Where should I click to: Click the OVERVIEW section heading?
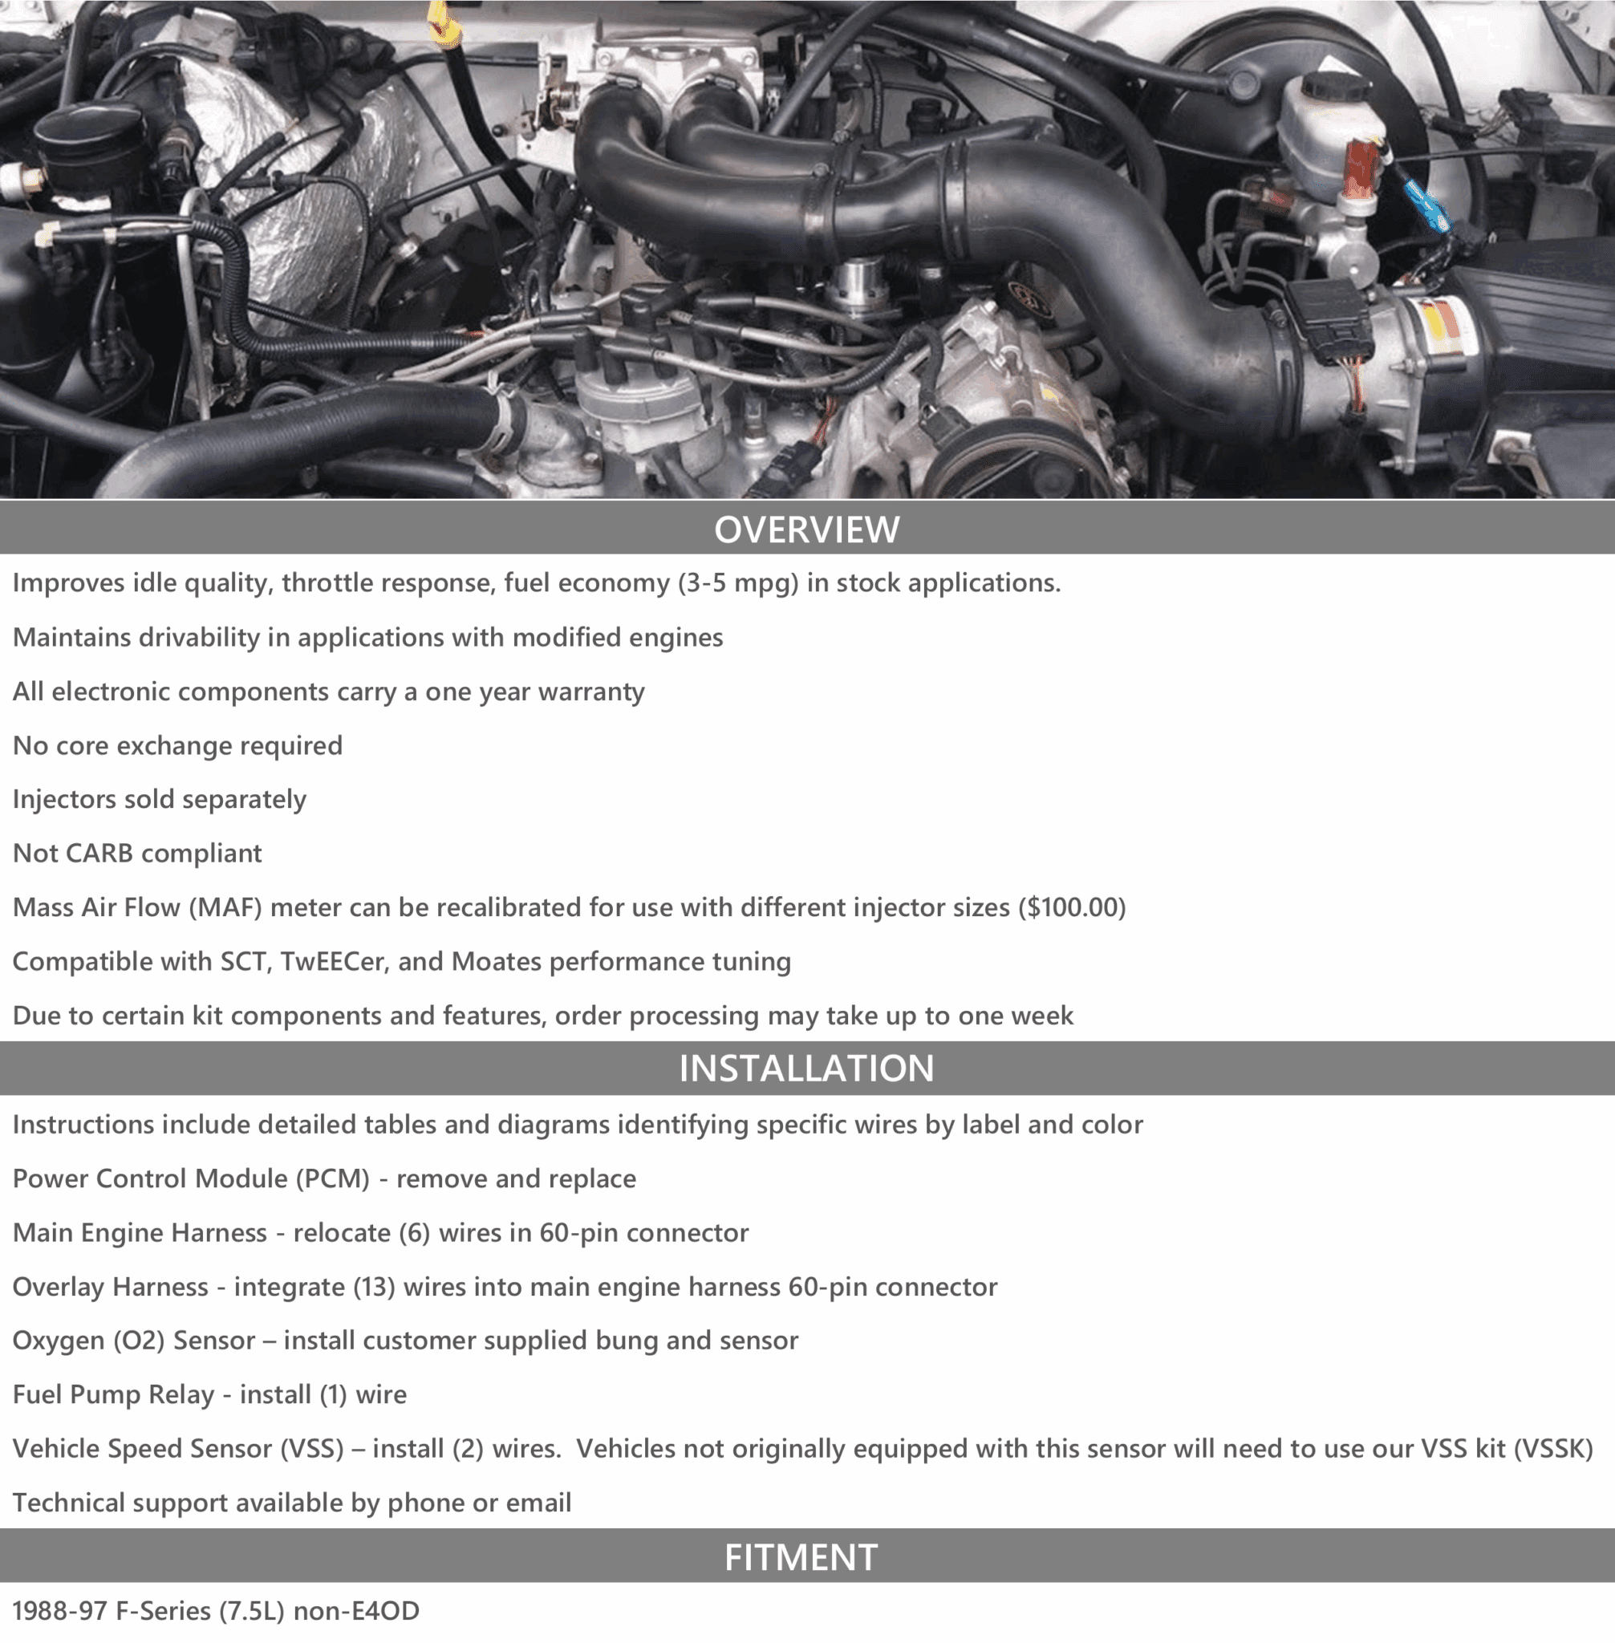pyautogui.click(x=806, y=529)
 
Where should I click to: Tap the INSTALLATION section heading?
pyautogui.click(x=806, y=1068)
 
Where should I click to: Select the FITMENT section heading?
pyautogui.click(x=801, y=1557)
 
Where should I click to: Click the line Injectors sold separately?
pyautogui.click(x=160, y=799)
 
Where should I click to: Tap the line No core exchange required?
pyautogui.click(x=177, y=745)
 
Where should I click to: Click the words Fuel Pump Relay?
pyautogui.click(x=113, y=1394)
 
